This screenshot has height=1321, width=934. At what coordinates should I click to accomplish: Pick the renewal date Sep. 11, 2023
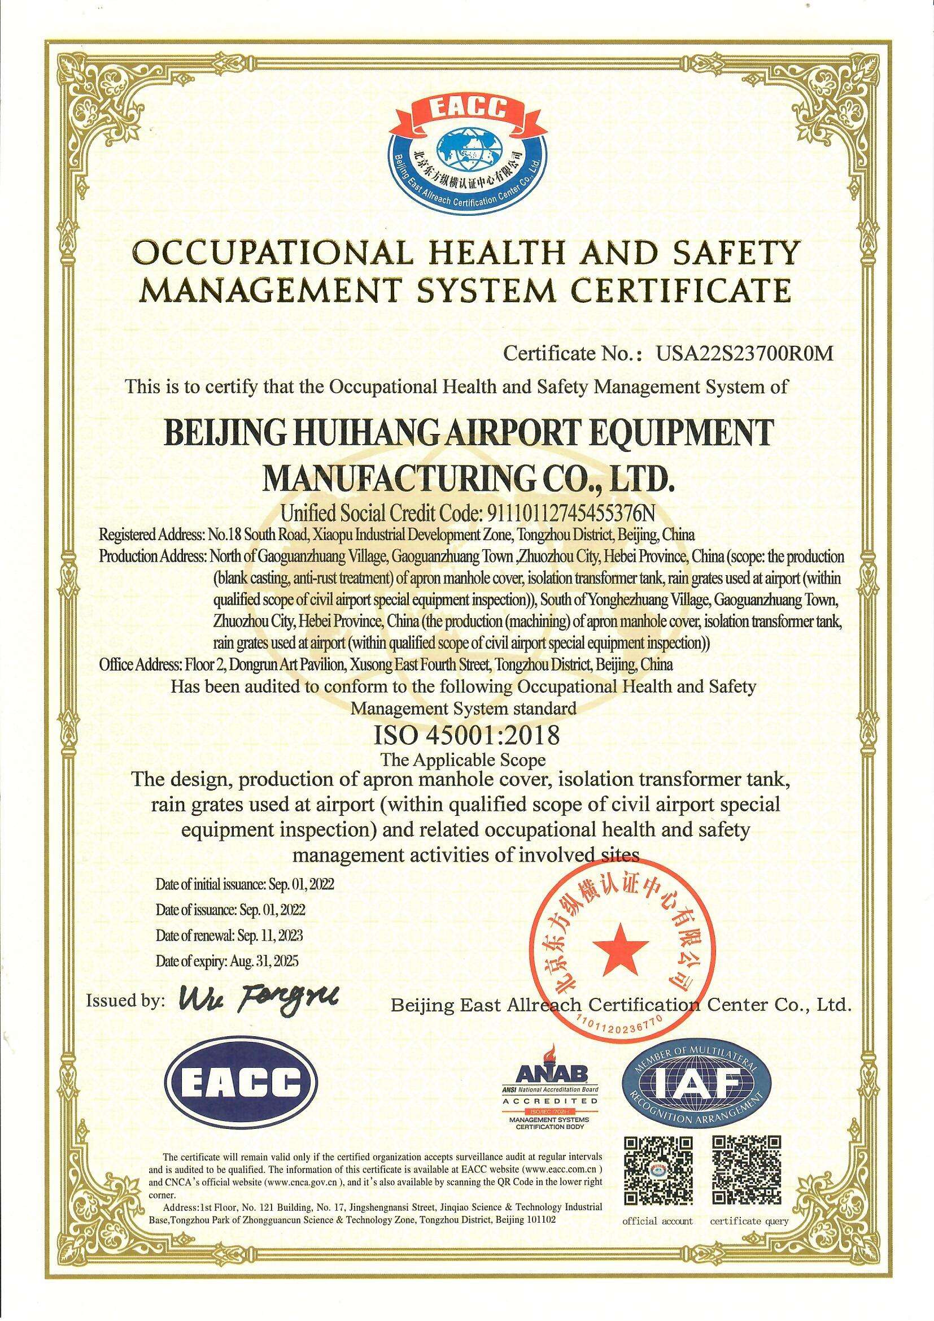(270, 951)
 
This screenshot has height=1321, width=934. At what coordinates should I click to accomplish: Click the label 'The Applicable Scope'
(463, 760)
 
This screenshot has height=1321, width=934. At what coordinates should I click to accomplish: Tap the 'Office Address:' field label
(141, 664)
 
